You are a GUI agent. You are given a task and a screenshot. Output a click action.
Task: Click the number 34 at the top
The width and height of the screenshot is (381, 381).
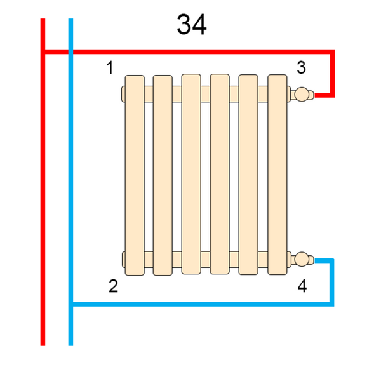click(192, 25)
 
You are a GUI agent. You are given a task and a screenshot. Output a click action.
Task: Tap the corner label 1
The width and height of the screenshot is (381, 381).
click(110, 67)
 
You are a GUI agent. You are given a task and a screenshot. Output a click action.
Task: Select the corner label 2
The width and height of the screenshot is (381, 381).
click(113, 286)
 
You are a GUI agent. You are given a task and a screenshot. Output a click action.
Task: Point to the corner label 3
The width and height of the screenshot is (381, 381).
click(301, 67)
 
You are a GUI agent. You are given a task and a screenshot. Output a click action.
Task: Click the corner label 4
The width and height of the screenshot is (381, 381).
click(302, 286)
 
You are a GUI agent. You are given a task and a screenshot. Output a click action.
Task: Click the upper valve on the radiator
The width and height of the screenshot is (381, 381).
click(302, 94)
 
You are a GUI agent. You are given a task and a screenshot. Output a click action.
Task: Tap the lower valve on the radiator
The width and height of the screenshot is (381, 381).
click(302, 259)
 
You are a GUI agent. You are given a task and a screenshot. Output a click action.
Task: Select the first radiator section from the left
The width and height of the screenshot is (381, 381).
click(135, 175)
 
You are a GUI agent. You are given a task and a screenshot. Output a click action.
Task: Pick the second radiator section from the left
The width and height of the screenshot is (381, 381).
click(163, 175)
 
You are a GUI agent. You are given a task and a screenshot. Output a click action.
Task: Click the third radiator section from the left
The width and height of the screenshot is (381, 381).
click(191, 174)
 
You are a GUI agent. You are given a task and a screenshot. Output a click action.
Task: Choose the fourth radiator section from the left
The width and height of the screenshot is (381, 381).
click(220, 174)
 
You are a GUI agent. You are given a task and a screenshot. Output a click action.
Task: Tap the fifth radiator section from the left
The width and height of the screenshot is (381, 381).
click(248, 175)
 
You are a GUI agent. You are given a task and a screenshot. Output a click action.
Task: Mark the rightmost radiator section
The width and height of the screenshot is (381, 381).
click(277, 175)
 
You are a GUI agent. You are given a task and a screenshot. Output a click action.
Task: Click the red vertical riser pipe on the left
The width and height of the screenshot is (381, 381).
click(43, 182)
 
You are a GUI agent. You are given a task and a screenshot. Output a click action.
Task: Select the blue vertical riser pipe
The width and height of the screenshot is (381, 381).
click(70, 182)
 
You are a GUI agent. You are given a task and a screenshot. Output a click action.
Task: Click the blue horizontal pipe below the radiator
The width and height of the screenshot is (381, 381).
click(204, 304)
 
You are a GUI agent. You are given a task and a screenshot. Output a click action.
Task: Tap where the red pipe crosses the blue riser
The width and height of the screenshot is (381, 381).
click(70, 52)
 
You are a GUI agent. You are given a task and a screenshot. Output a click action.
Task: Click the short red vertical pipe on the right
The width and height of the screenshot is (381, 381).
click(332, 74)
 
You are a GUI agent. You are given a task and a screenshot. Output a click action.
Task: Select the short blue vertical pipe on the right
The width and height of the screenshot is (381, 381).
click(332, 283)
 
